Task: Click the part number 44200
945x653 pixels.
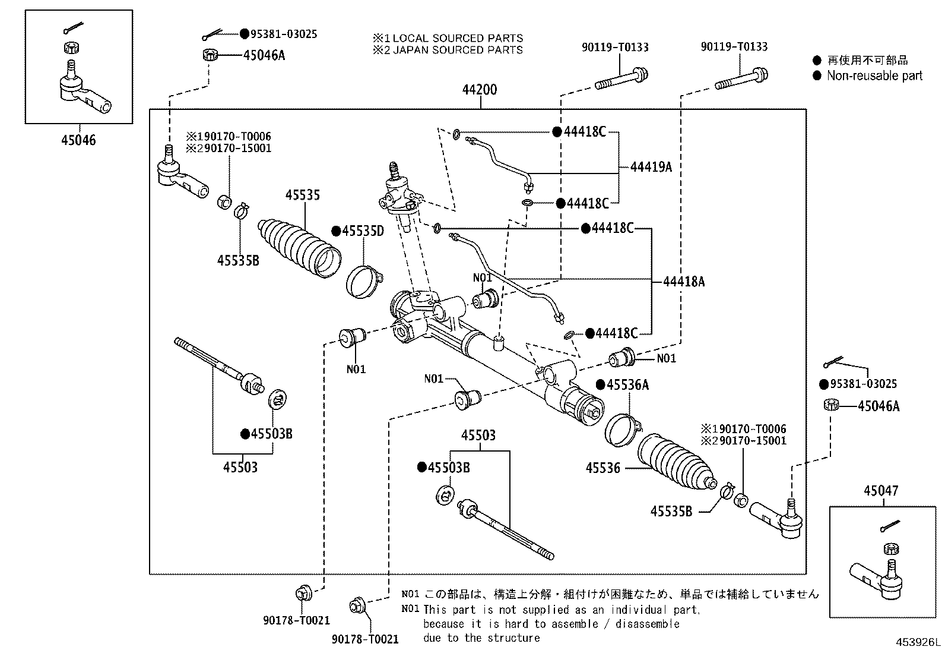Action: pos(480,90)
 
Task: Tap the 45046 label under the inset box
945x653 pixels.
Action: pos(78,140)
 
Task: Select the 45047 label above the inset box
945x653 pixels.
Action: pos(881,490)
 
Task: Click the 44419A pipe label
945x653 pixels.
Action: pos(651,167)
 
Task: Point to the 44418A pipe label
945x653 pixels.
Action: pos(684,281)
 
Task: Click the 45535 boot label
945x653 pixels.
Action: pos(303,195)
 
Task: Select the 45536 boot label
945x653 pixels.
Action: pos(603,468)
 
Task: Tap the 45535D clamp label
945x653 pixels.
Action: pos(363,231)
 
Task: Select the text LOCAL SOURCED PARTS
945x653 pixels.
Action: pos(458,38)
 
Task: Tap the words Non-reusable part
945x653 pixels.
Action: pos(874,75)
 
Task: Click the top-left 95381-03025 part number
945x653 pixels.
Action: pos(284,34)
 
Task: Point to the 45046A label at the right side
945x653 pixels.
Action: pos(879,406)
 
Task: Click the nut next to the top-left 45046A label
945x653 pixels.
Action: pos(210,55)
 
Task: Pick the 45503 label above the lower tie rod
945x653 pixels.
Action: pos(478,435)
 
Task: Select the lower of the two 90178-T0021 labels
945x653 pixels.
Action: pos(365,639)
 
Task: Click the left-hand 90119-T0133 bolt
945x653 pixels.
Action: pos(621,80)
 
